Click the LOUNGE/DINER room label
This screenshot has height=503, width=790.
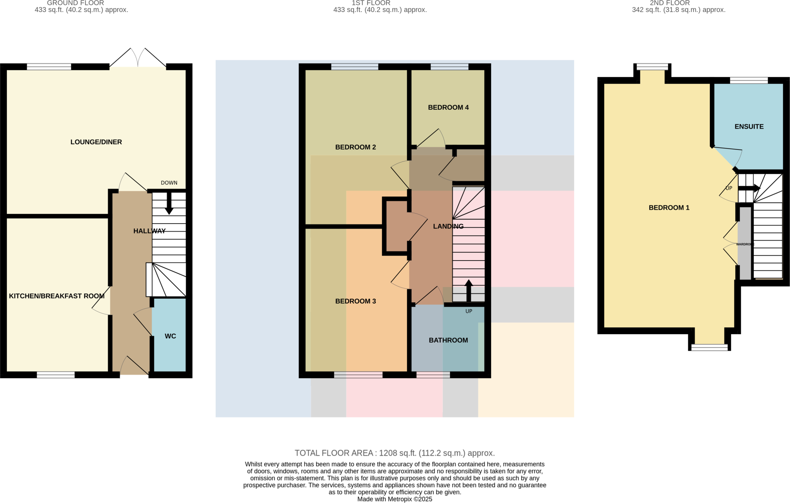[x=96, y=142]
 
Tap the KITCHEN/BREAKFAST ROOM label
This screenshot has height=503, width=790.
[x=57, y=296]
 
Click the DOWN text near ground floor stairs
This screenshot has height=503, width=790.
[x=169, y=183]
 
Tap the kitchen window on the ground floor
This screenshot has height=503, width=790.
[x=56, y=375]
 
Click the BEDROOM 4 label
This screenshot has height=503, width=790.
[x=448, y=108]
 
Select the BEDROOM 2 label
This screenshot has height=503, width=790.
[x=355, y=147]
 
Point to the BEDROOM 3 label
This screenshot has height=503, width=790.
[x=355, y=301]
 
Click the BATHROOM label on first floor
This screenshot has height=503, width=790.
[x=448, y=340]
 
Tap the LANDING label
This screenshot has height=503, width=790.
[x=448, y=226]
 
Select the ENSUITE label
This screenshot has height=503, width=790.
[x=749, y=126]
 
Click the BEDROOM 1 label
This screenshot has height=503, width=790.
[x=669, y=208]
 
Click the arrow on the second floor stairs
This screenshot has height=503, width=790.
[x=749, y=188]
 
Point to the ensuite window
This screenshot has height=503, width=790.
[x=749, y=80]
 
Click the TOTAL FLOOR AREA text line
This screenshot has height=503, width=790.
[x=395, y=453]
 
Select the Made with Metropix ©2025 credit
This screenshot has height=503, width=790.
[x=395, y=499]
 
